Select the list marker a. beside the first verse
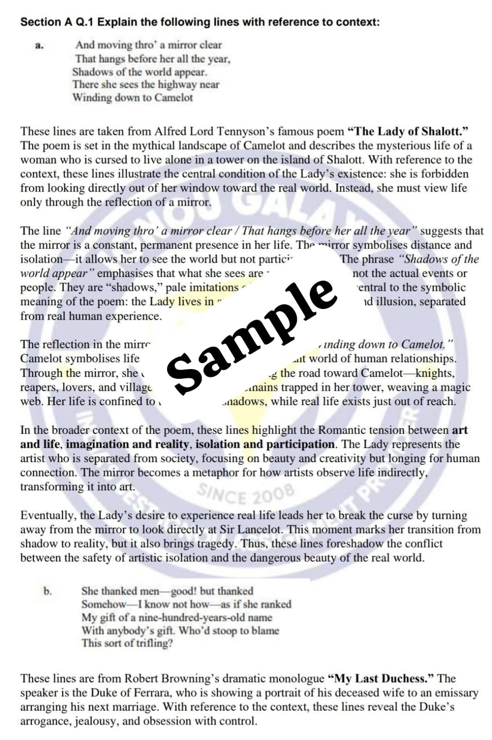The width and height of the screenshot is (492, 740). [39, 46]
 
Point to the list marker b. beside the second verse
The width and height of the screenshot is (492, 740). [48, 591]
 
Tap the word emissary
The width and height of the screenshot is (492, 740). [455, 693]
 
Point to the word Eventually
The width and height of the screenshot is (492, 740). [48, 515]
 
